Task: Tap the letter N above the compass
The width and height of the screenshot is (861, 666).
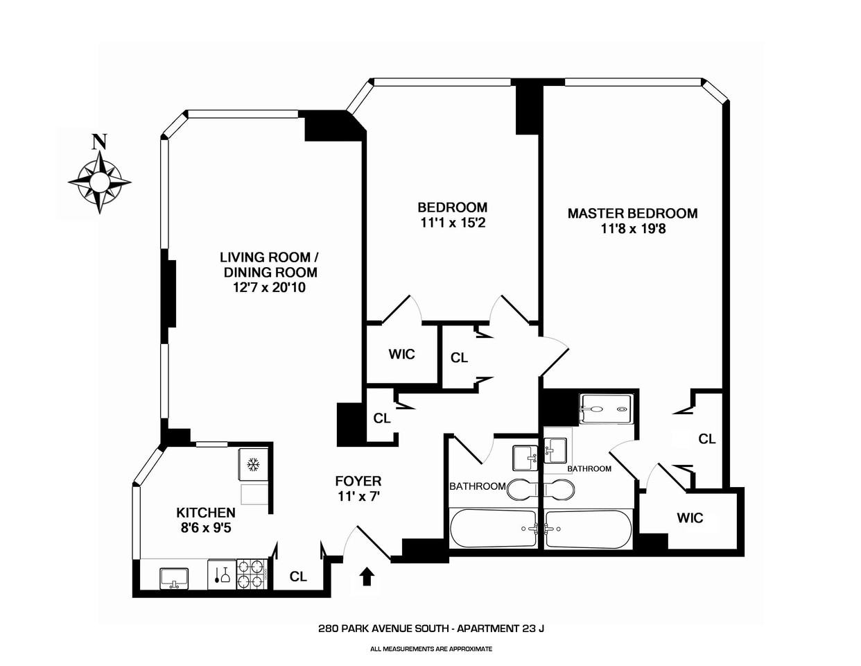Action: (100, 142)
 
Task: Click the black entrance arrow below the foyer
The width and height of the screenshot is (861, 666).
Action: (367, 577)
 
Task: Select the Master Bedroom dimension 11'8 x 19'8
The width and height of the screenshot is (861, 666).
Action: (633, 228)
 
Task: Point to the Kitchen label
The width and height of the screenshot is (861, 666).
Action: (206, 513)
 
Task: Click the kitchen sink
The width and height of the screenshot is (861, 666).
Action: (173, 577)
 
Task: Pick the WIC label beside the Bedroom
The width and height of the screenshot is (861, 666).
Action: (401, 354)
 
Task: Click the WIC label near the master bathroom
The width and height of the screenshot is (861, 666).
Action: (690, 518)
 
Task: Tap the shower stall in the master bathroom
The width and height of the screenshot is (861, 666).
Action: (606, 409)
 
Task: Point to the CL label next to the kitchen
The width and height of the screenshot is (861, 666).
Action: (298, 577)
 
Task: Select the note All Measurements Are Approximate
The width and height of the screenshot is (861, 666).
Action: (430, 649)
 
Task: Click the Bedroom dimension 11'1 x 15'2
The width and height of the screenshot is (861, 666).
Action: (452, 223)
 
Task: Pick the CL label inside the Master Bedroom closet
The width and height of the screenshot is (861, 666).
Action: (706, 438)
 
